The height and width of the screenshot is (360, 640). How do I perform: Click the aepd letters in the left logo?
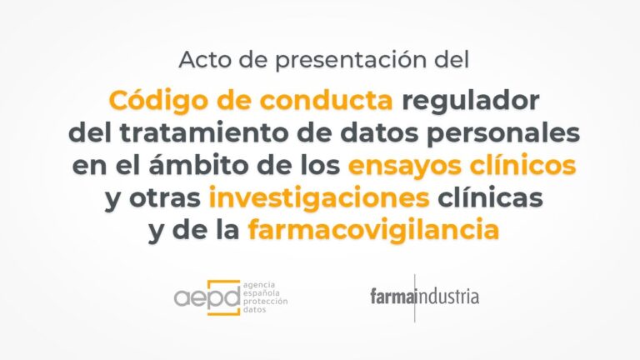(207, 297)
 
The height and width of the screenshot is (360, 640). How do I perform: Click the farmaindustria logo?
(425, 297)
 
